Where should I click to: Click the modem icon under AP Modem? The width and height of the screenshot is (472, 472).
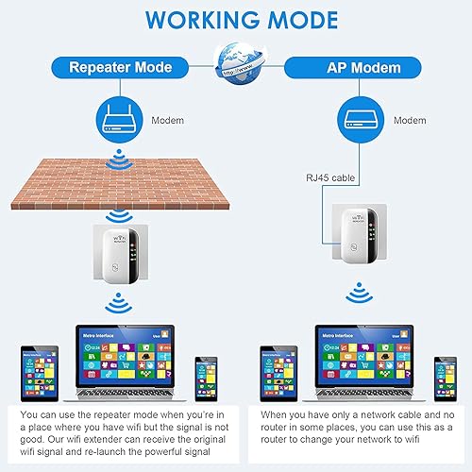point(357,119)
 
